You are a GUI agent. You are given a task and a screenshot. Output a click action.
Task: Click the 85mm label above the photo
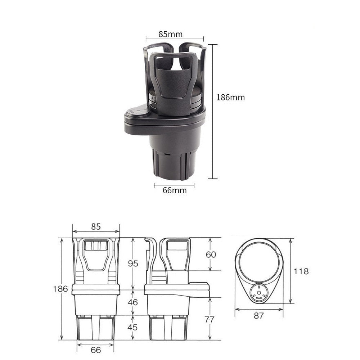pos(170,34)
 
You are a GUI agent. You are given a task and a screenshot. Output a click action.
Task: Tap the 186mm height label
pos(230,97)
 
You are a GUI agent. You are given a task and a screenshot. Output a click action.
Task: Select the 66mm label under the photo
pos(175,190)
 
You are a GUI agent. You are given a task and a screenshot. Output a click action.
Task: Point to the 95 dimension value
pos(133,264)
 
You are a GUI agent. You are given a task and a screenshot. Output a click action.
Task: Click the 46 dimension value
pos(133,302)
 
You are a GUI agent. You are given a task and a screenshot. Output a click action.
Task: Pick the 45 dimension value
pos(133,327)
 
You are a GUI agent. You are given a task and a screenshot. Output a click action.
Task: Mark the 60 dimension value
pos(211,255)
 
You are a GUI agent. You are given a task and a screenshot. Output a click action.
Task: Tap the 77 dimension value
pos(210,319)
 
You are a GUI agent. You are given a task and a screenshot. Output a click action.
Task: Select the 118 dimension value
pos(301,271)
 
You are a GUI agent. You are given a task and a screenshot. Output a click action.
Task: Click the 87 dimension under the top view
pos(258,316)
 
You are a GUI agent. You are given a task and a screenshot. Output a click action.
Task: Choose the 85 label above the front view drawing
pos(95,226)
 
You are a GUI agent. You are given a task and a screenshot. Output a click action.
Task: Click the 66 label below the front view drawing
pos(95,350)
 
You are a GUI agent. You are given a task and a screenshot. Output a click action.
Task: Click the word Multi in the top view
pos(259,298)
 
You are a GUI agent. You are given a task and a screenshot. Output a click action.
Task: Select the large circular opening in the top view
pos(259,262)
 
